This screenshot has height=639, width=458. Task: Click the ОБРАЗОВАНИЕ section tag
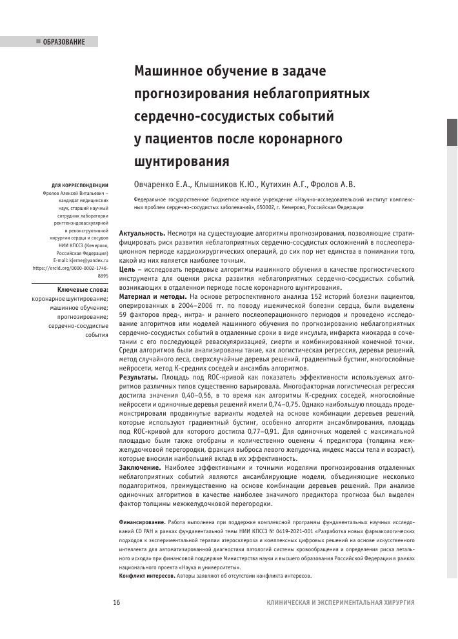[x=64, y=42]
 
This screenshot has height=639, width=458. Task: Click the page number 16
[x=117, y=602]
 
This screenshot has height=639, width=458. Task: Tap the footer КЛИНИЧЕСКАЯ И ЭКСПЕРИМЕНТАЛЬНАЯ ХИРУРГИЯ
[x=340, y=602]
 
